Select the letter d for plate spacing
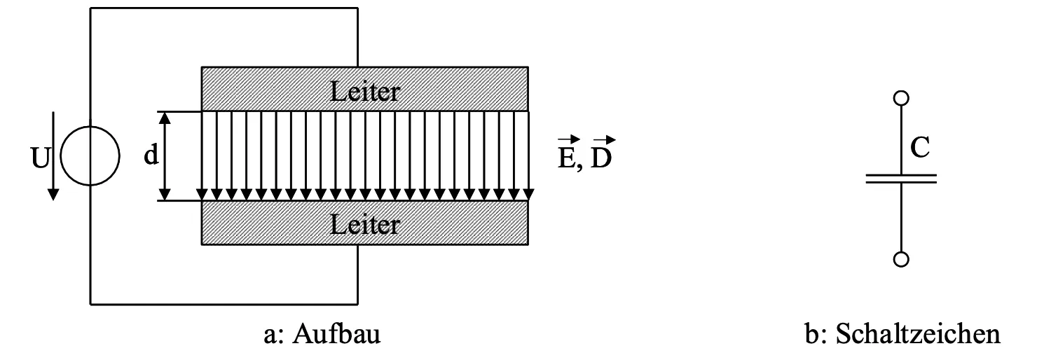pyautogui.click(x=151, y=155)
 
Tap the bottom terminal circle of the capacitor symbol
pyautogui.click(x=901, y=260)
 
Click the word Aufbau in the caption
pyautogui.click(x=336, y=335)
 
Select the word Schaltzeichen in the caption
pyautogui.click(x=919, y=335)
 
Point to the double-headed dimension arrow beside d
pyautogui.click(x=166, y=156)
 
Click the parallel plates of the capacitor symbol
pyautogui.click(x=901, y=179)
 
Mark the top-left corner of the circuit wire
pyautogui.click(x=90, y=8)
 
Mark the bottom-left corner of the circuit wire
pyautogui.click(x=90, y=304)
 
